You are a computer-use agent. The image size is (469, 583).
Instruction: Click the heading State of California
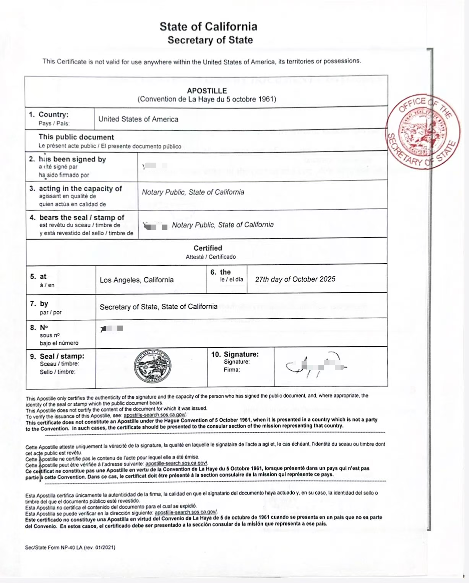(x=208, y=26)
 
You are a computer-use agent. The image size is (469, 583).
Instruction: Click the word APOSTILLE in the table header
(x=207, y=91)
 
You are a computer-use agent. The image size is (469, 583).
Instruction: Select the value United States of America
(x=138, y=119)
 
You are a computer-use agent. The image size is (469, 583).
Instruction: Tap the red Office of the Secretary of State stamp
(x=423, y=131)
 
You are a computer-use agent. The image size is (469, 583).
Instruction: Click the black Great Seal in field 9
(x=153, y=366)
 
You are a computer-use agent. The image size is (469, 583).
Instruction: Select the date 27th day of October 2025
(x=295, y=279)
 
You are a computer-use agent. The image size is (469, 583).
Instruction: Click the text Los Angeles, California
(x=136, y=280)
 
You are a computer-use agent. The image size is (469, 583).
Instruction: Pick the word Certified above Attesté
(x=208, y=248)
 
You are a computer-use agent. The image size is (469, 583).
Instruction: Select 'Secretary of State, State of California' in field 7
(x=158, y=306)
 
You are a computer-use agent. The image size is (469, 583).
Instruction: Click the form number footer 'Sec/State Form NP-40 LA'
(x=70, y=547)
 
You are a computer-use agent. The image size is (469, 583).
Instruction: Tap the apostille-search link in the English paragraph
(x=155, y=415)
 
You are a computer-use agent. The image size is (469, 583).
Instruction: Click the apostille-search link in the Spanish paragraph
(x=186, y=512)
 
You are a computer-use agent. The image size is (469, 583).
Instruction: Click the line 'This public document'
(x=76, y=137)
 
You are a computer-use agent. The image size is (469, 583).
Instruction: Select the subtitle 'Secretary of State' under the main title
(x=210, y=40)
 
